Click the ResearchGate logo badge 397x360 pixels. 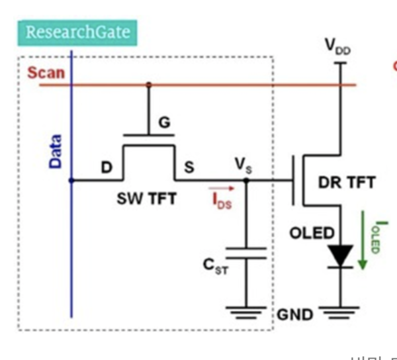tap(77, 32)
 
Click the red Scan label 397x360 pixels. tap(46, 71)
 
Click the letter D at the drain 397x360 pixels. tap(107, 167)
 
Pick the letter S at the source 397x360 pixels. tap(189, 167)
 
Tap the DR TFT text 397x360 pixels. tap(346, 183)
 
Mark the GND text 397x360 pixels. tap(294, 314)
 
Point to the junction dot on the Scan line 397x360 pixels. tap(148, 85)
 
